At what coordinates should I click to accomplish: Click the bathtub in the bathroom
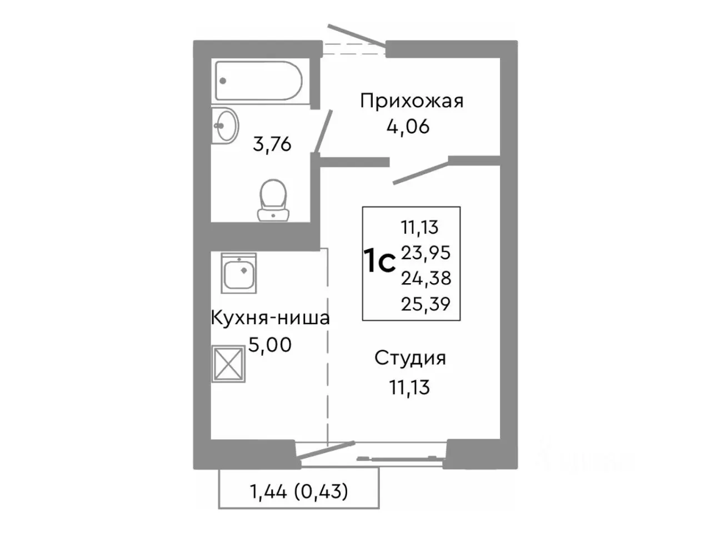click(x=258, y=81)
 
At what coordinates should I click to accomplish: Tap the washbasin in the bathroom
click(x=225, y=126)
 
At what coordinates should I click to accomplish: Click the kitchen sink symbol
click(x=239, y=273)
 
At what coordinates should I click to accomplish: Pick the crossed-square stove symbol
click(x=228, y=364)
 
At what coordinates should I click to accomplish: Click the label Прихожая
click(x=412, y=101)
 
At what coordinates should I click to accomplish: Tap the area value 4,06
click(x=409, y=127)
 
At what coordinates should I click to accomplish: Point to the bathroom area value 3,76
click(x=272, y=144)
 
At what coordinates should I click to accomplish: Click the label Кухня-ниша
click(x=270, y=318)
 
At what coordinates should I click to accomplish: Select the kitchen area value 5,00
click(x=269, y=345)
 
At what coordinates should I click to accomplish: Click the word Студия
click(x=410, y=358)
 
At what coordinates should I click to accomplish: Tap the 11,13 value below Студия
click(x=410, y=386)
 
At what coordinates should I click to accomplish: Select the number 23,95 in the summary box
click(x=426, y=253)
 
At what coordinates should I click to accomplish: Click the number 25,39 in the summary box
click(x=426, y=303)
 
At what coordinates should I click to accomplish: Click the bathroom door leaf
click(x=324, y=130)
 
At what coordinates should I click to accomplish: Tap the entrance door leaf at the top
click(x=357, y=37)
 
